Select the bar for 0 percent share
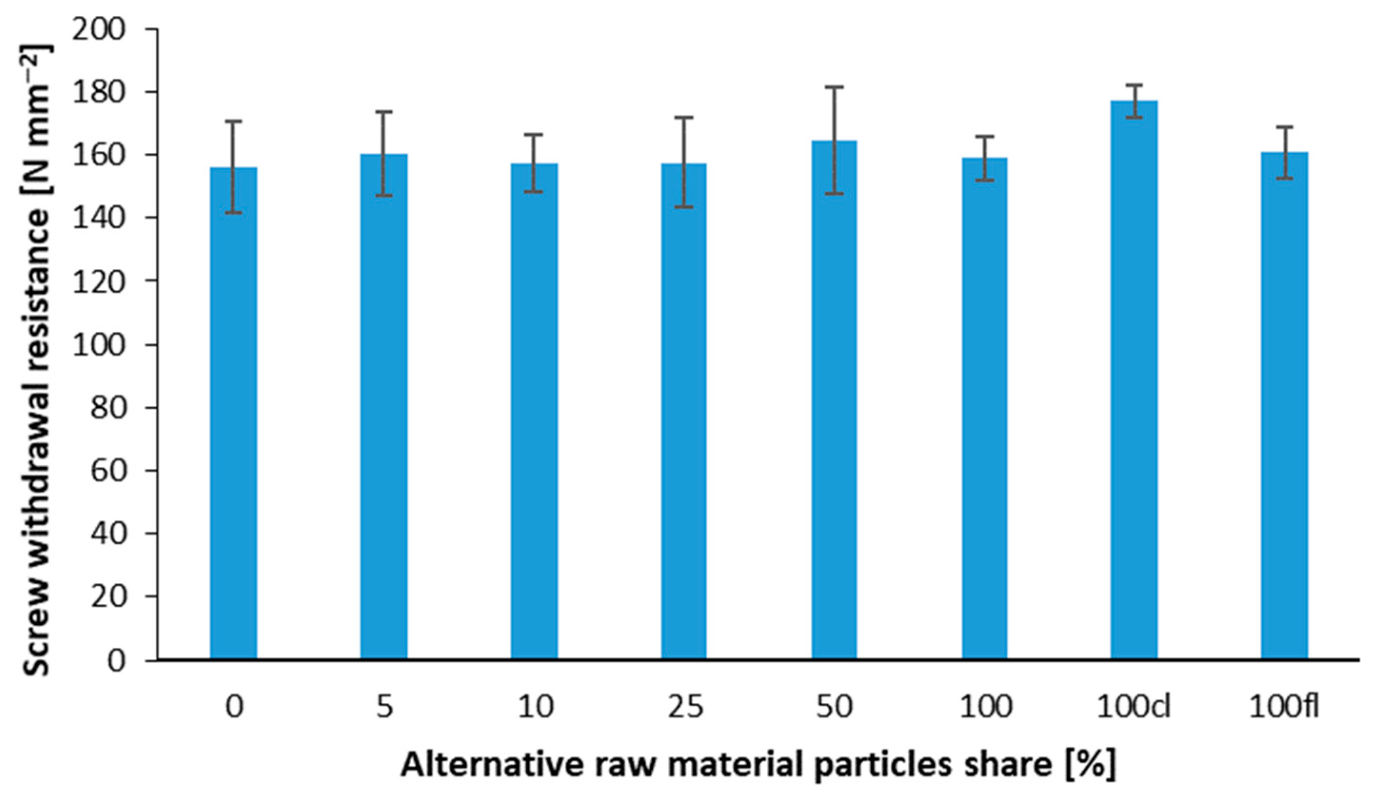click(x=233, y=415)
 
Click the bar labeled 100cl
click(x=1134, y=383)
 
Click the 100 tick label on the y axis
click(x=99, y=345)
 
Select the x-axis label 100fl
click(x=1284, y=708)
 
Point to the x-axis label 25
click(x=685, y=708)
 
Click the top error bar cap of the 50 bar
click(x=834, y=87)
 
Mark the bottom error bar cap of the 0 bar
click(x=233, y=213)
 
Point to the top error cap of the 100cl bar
click(x=1134, y=85)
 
